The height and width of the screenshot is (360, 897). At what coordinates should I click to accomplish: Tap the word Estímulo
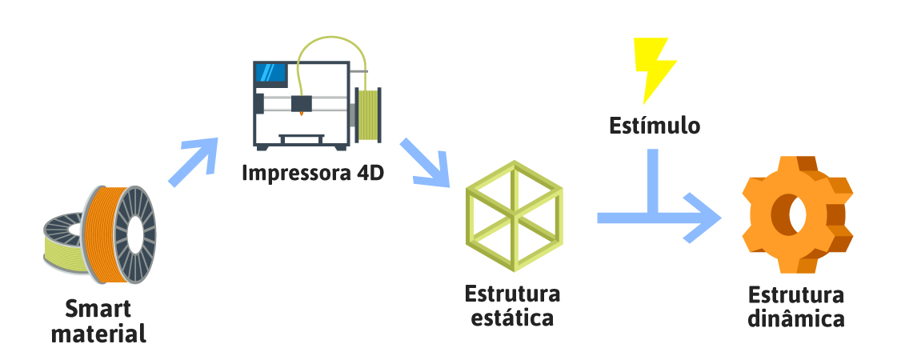point(654,126)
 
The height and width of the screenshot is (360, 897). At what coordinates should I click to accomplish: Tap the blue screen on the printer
point(270,74)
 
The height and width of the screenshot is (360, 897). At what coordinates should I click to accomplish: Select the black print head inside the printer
point(302,103)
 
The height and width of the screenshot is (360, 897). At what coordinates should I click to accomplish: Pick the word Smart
point(98,309)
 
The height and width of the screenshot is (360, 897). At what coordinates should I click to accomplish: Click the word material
point(98,333)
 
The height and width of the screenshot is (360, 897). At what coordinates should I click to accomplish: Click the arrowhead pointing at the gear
point(705,218)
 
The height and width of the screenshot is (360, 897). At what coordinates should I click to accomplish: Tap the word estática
point(512,317)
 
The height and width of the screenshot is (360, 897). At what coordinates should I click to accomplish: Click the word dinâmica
point(796,318)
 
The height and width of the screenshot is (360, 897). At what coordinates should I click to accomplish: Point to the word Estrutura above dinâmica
point(796,294)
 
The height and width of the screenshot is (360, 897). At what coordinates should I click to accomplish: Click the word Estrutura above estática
point(512,293)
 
